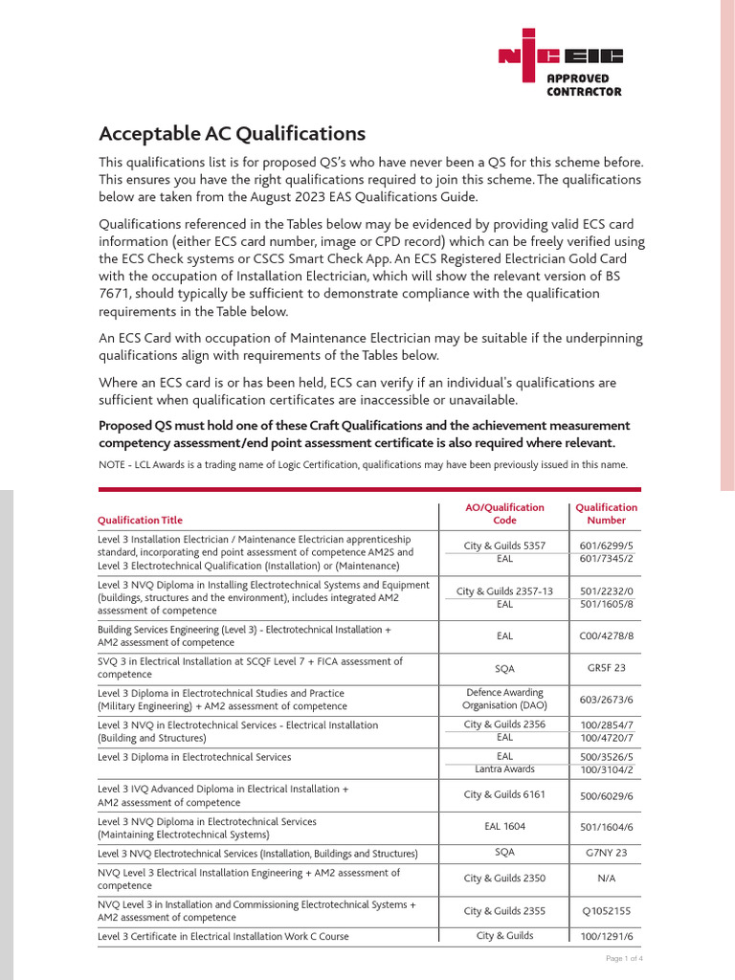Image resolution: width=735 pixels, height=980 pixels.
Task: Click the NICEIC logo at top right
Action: (560, 56)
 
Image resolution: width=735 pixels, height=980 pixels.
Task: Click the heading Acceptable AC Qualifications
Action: (232, 134)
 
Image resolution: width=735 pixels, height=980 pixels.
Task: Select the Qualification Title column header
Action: (140, 521)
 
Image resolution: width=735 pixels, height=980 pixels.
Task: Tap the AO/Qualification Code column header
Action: (504, 514)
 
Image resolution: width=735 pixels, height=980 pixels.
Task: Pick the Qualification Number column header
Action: (606, 514)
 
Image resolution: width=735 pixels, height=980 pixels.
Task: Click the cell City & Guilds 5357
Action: (504, 546)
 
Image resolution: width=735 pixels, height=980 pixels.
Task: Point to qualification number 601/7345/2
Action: (606, 558)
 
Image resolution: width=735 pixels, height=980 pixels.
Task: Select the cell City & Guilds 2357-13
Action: (504, 591)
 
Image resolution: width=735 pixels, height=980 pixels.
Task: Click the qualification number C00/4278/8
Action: (606, 635)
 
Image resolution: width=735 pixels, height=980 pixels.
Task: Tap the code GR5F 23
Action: (606, 668)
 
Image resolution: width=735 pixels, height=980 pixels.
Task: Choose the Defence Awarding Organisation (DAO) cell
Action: (504, 700)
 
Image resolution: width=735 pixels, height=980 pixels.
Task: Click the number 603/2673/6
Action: (606, 700)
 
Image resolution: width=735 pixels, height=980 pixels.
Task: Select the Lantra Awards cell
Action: (504, 769)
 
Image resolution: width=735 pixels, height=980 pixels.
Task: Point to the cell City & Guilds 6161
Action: (504, 796)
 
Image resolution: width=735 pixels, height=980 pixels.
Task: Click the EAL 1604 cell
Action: (504, 827)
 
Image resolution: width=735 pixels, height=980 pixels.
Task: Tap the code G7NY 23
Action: (606, 853)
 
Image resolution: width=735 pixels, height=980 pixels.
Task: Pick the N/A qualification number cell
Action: (606, 879)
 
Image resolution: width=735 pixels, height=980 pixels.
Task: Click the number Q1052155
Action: (606, 911)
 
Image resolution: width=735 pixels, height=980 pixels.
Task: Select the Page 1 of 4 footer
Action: (624, 958)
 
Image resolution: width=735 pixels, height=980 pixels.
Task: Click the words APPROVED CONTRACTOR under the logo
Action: (584, 85)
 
